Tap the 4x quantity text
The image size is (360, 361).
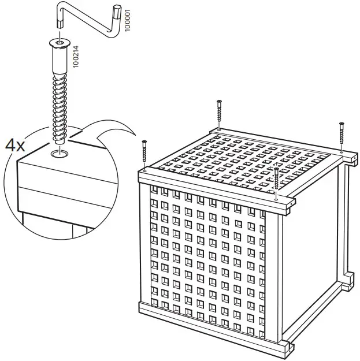[16, 145]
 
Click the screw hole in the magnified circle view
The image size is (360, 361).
[58, 154]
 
